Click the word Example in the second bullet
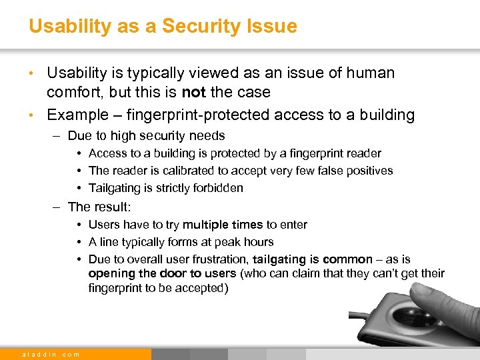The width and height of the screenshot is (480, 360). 77,115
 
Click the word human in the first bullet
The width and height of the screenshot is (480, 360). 368,73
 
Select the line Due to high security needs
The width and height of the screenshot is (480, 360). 146,136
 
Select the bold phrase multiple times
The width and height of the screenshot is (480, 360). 223,225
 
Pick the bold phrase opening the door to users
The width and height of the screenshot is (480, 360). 162,273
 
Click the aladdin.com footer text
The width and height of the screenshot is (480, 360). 51,354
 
